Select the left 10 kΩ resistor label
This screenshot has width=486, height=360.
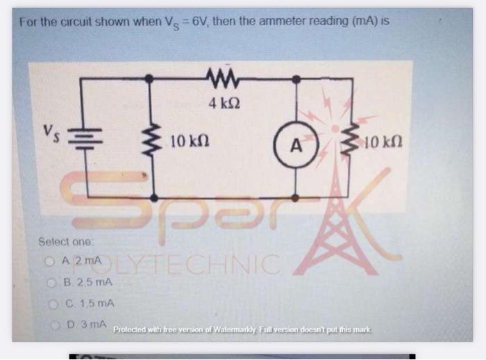pyautogui.click(x=187, y=142)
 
